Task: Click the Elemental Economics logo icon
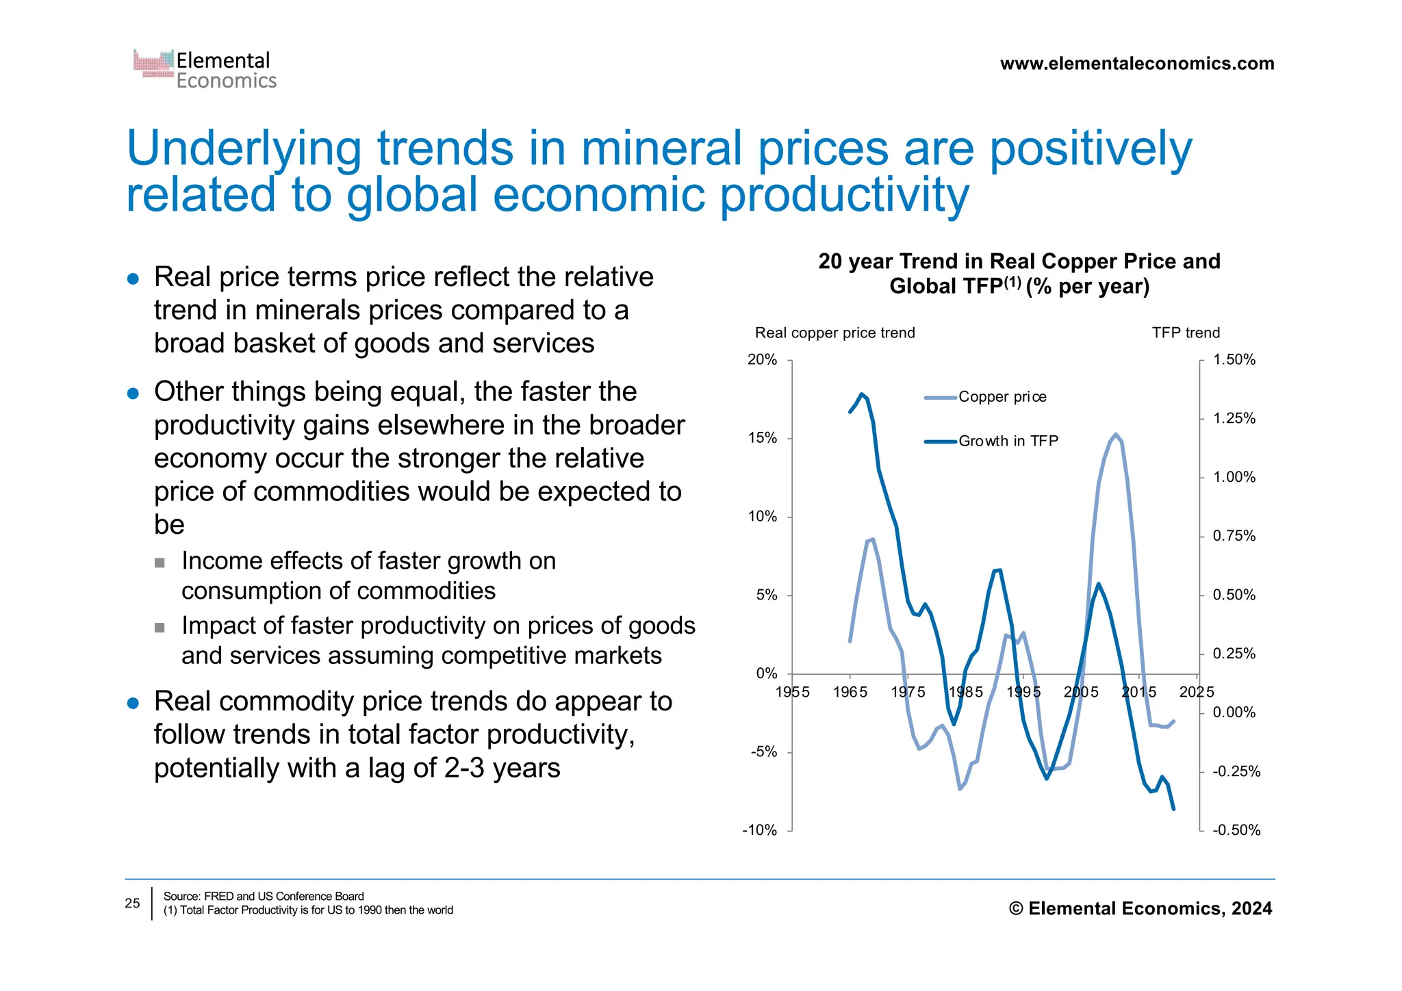click(153, 63)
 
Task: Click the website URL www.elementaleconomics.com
click(1136, 64)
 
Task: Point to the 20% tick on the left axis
click(762, 360)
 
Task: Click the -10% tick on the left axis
click(759, 830)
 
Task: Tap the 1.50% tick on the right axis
click(1234, 360)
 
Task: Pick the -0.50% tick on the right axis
click(1236, 830)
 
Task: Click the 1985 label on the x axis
click(965, 692)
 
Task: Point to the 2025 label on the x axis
click(1196, 692)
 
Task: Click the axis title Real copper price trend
click(834, 333)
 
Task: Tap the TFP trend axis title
click(1185, 333)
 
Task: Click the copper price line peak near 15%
click(1115, 435)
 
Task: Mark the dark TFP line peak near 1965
click(861, 394)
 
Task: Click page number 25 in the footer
click(132, 903)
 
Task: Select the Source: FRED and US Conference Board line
click(264, 896)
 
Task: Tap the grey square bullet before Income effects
click(160, 563)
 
